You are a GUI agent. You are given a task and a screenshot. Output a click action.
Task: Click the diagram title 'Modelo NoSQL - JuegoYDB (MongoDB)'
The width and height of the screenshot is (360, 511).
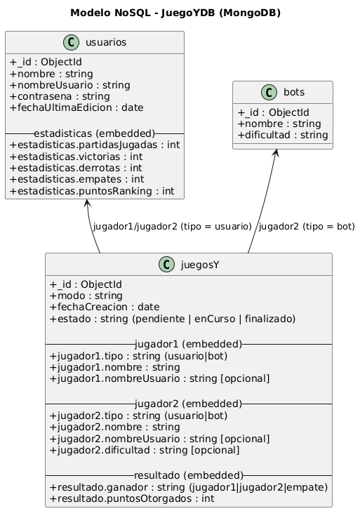coord(180,13)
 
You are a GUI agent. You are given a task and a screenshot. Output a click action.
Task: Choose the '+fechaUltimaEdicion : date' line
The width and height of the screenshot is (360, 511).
coord(76,108)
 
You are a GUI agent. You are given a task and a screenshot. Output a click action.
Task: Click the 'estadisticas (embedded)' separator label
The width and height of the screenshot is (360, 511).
coord(94,133)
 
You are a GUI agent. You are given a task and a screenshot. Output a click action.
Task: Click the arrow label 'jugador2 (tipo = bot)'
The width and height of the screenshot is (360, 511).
coord(306,227)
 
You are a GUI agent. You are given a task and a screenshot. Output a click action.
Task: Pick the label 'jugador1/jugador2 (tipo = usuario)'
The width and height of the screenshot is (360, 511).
coord(172,227)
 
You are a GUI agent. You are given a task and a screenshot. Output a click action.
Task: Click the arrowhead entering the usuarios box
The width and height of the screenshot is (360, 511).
coord(86,203)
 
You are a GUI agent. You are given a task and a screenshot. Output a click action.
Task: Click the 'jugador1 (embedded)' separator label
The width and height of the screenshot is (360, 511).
coord(188,344)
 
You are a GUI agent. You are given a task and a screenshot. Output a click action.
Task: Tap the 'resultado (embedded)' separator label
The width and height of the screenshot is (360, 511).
coord(188,474)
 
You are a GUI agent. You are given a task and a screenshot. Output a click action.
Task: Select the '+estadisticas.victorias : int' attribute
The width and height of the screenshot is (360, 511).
coord(77,157)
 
